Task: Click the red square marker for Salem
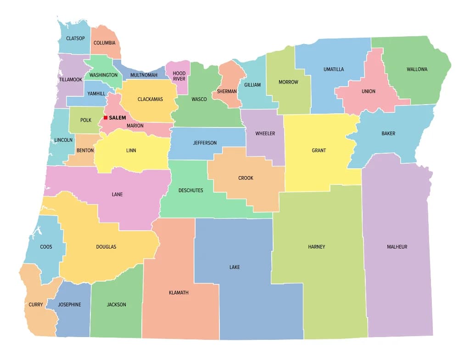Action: coord(106,118)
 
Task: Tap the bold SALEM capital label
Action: coord(117,118)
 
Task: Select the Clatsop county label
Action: coord(75,38)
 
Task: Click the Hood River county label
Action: coord(179,76)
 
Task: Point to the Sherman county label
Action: coord(227,91)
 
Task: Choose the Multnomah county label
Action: coord(144,75)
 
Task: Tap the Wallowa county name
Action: coord(417,69)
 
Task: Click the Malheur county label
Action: coord(397,247)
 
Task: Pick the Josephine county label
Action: coord(69,305)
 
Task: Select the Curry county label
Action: coord(36,305)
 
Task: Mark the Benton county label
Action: coord(85,150)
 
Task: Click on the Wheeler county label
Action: coord(265,133)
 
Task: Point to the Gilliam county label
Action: coord(252,85)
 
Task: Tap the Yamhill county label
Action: coord(96,94)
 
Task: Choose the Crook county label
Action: coord(246,178)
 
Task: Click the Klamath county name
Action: coord(179,293)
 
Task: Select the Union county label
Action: coord(368,91)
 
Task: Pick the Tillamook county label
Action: coord(70,79)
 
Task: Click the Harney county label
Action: coord(316,247)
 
